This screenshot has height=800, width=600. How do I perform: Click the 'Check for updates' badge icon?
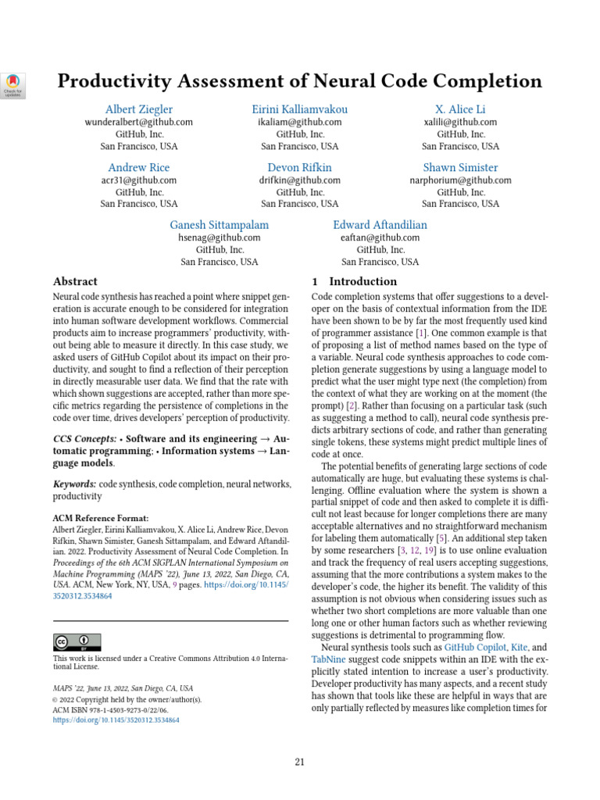14,84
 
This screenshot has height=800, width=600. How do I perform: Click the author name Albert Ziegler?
139,109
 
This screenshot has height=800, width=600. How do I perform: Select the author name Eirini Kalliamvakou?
299,109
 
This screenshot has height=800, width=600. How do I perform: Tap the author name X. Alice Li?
460,109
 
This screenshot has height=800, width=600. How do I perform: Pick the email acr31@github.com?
139,180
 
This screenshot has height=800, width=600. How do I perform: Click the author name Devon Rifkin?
299,167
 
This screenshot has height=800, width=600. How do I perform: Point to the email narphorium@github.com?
460,180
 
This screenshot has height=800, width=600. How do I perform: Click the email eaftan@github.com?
380,238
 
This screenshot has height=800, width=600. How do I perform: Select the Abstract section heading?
75,281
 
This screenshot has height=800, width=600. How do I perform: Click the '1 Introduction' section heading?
354,281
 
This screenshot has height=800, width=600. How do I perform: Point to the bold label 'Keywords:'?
74,484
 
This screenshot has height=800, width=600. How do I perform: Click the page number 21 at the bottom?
299,762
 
